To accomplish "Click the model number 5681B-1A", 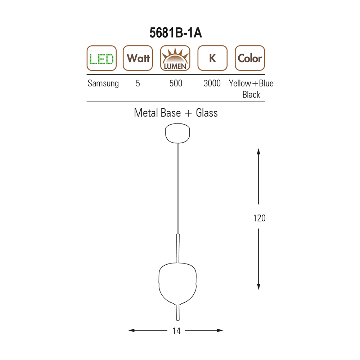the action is tap(176, 33).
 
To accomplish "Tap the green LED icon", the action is tap(102, 58).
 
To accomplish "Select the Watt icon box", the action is tap(138, 58).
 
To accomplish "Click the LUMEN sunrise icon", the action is tap(175, 58).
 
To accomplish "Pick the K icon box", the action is tap(212, 58).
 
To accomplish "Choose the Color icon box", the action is tap(250, 58).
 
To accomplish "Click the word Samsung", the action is tap(103, 84).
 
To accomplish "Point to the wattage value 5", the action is tap(138, 84).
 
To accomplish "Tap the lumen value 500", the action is tap(176, 84).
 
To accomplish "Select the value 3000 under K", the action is tap(212, 84).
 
